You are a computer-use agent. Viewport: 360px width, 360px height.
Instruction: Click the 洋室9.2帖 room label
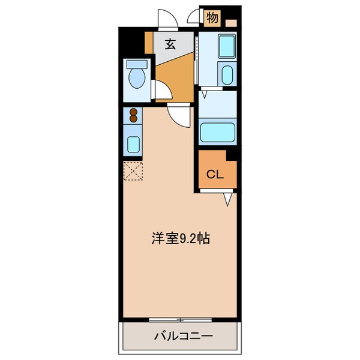point(179,238)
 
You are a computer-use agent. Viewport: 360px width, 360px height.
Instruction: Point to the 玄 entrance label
point(170,44)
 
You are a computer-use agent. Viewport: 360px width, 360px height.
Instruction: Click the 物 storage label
point(212,17)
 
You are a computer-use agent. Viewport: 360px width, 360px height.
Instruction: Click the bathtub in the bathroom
point(217,131)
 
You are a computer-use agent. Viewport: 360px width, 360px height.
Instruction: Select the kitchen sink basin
point(133,144)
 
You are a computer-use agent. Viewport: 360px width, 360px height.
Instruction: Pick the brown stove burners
point(133,115)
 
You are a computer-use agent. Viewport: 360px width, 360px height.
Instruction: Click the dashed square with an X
point(133,172)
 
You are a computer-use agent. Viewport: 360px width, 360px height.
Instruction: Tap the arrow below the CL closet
point(228,198)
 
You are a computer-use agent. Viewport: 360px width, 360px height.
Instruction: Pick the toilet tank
point(137,63)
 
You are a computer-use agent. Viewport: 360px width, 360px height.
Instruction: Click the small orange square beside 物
point(232,23)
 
